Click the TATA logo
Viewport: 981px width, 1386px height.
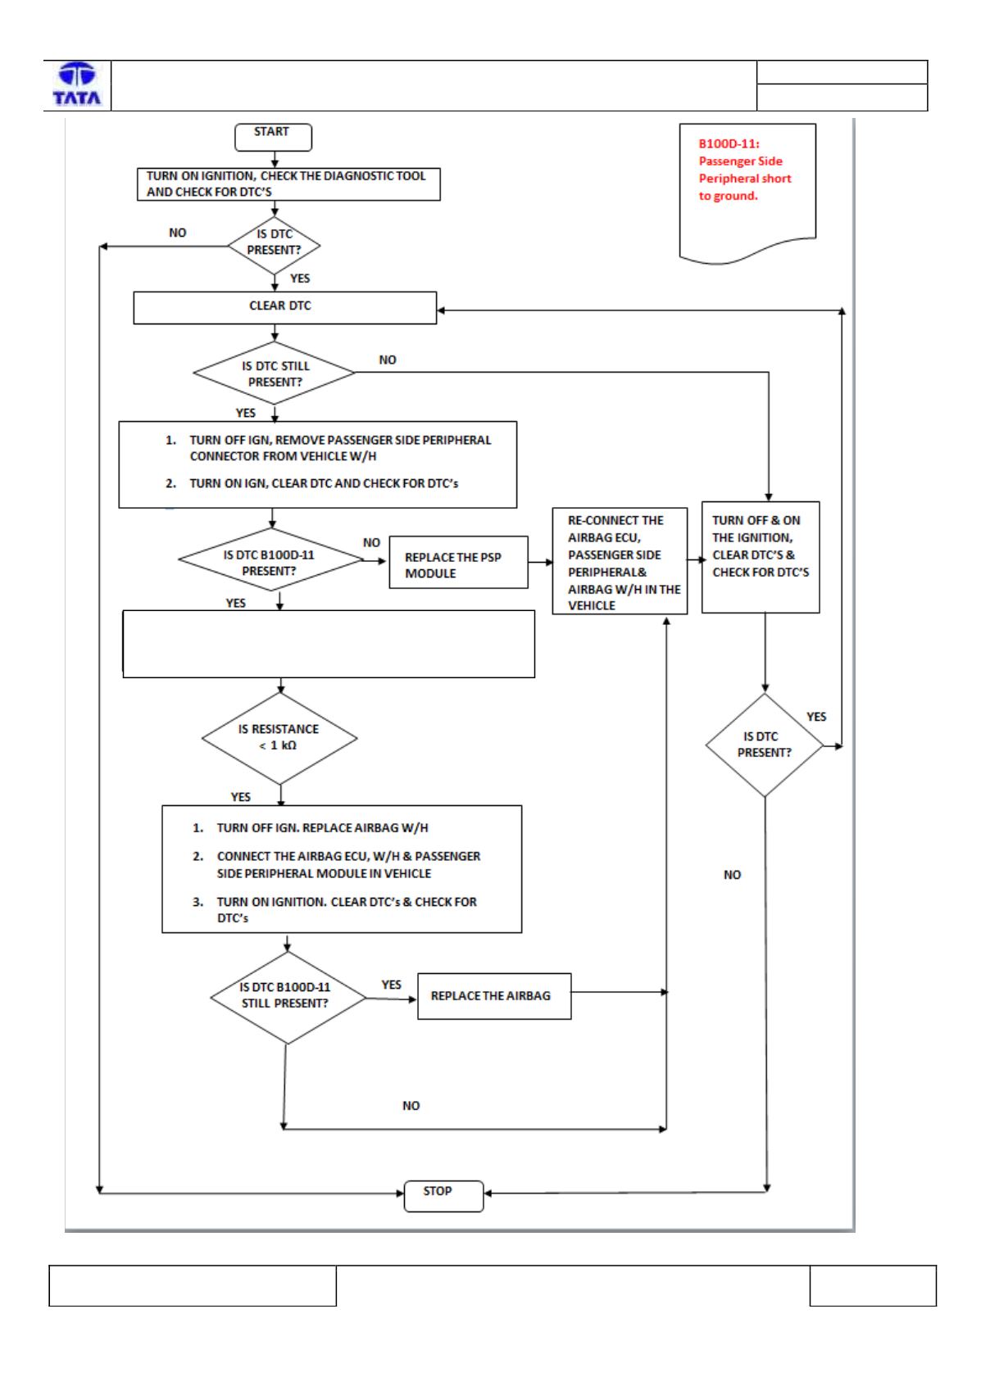77,84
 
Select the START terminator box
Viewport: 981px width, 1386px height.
273,137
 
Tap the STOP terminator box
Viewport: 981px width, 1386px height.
443,1195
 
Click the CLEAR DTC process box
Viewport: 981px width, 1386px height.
284,307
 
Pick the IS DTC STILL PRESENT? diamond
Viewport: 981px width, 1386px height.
275,373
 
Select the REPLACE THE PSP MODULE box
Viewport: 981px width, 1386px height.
458,562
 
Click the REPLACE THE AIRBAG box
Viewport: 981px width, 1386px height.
494,996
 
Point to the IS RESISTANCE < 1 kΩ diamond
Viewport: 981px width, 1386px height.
279,737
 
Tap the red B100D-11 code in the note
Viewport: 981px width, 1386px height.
729,143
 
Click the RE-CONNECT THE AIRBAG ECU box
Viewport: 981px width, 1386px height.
620,561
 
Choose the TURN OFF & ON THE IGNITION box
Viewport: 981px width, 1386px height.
760,557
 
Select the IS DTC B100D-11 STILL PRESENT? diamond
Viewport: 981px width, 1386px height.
287,998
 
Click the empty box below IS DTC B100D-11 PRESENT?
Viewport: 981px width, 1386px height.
329,644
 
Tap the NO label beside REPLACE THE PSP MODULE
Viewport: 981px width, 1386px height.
371,542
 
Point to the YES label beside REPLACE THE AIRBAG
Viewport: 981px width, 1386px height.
391,985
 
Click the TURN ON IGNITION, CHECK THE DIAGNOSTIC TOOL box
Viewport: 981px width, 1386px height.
288,183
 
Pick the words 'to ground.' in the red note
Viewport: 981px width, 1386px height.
728,196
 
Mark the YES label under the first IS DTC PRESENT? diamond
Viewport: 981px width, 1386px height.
300,279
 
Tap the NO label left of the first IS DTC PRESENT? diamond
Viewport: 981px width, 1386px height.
178,233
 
